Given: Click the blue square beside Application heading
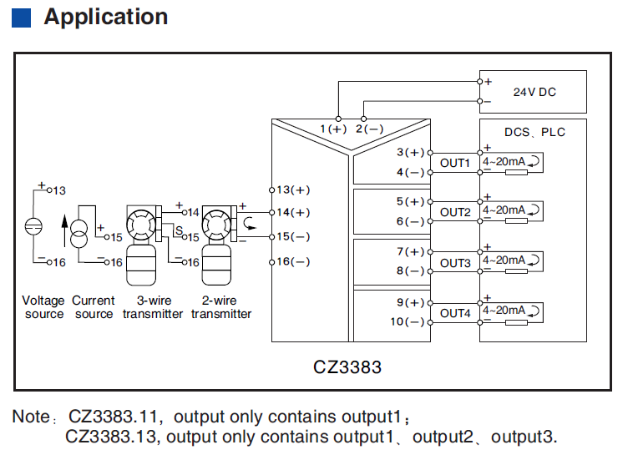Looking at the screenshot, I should pos(22,18).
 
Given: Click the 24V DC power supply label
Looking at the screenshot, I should pos(534,92).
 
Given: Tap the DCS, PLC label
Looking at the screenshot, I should pos(534,132).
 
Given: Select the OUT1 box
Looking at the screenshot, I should pos(455,163).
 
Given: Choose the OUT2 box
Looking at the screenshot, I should pos(455,213).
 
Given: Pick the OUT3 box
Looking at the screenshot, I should pos(455,263).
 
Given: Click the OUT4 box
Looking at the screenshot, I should pos(455,313).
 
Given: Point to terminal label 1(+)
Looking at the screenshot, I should pos(333,129).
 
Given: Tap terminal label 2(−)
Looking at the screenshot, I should pos(369,129).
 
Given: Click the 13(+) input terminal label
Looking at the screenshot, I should pos(293,190).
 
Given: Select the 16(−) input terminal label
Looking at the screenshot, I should pos(293,261).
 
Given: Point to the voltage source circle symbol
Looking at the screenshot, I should pos(33,226).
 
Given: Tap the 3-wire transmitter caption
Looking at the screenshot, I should pos(153,307).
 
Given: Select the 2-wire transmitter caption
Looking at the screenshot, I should pos(221,307).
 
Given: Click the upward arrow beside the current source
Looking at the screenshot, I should pos(63,230).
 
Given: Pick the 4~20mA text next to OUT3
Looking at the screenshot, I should pos(504,260).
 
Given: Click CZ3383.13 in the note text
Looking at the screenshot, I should pos(108,437).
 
